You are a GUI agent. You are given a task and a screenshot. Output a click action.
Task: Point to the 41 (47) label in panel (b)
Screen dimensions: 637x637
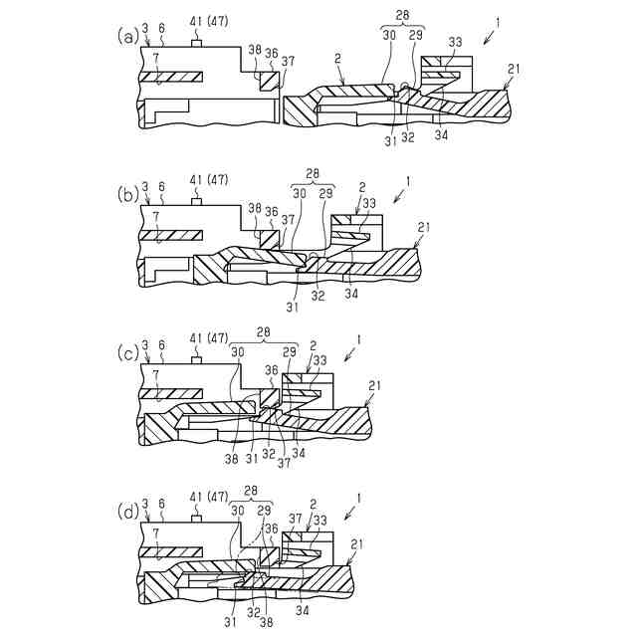(x=208, y=180)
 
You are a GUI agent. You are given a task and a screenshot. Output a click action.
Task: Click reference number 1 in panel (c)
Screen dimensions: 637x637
(x=359, y=339)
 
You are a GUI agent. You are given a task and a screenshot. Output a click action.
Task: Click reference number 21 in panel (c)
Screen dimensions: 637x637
(x=373, y=385)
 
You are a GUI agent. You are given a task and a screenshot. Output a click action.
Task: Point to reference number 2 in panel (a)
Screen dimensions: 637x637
(x=339, y=61)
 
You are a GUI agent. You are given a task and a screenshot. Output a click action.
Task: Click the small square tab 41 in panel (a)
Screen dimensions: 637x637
(x=197, y=44)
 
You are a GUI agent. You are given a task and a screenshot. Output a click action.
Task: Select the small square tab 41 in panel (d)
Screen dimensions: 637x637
(x=197, y=519)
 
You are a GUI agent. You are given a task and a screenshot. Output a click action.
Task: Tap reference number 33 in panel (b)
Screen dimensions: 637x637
(x=370, y=203)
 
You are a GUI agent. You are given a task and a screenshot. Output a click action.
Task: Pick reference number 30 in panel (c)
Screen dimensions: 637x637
(x=237, y=351)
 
